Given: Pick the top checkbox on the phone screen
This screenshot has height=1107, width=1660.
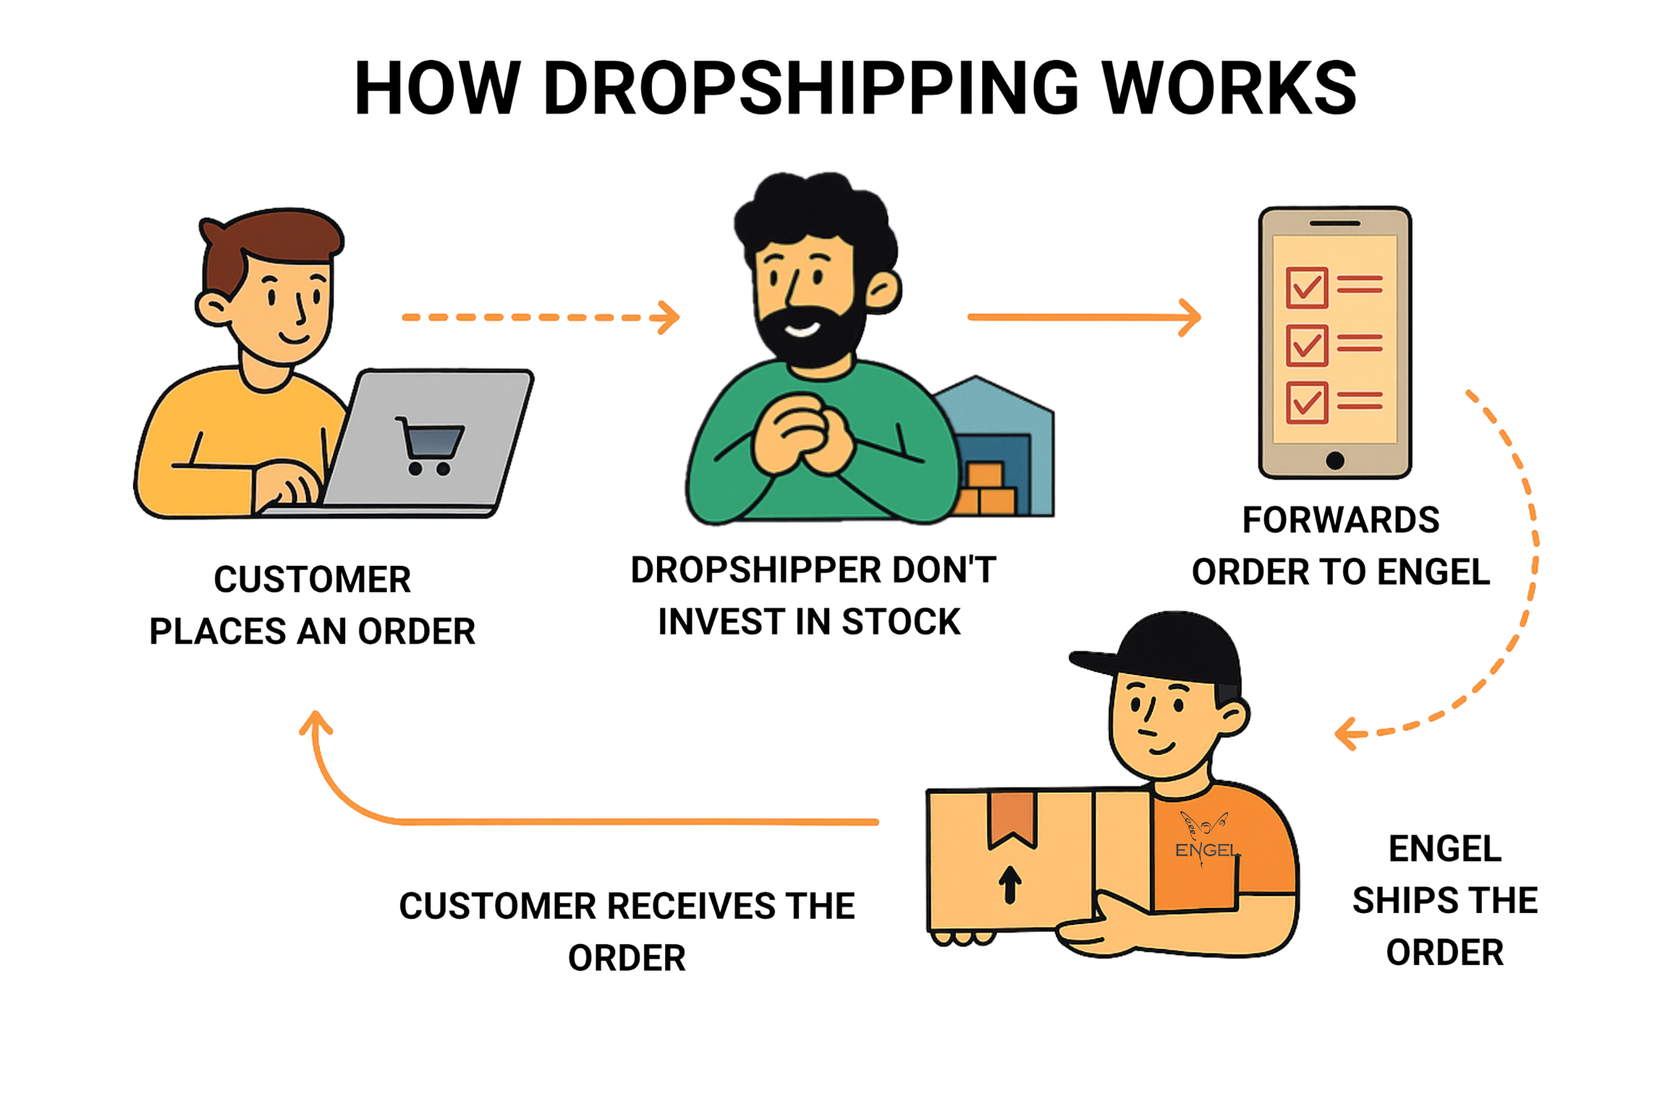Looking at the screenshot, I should [1306, 287].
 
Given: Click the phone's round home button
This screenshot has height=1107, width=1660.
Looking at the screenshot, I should [1334, 460].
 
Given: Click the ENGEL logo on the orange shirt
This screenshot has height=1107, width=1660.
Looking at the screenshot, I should [1205, 840].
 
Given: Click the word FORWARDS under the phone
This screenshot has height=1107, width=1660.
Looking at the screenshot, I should [1341, 520].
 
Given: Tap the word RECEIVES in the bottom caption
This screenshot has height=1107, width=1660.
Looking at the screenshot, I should [692, 906].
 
